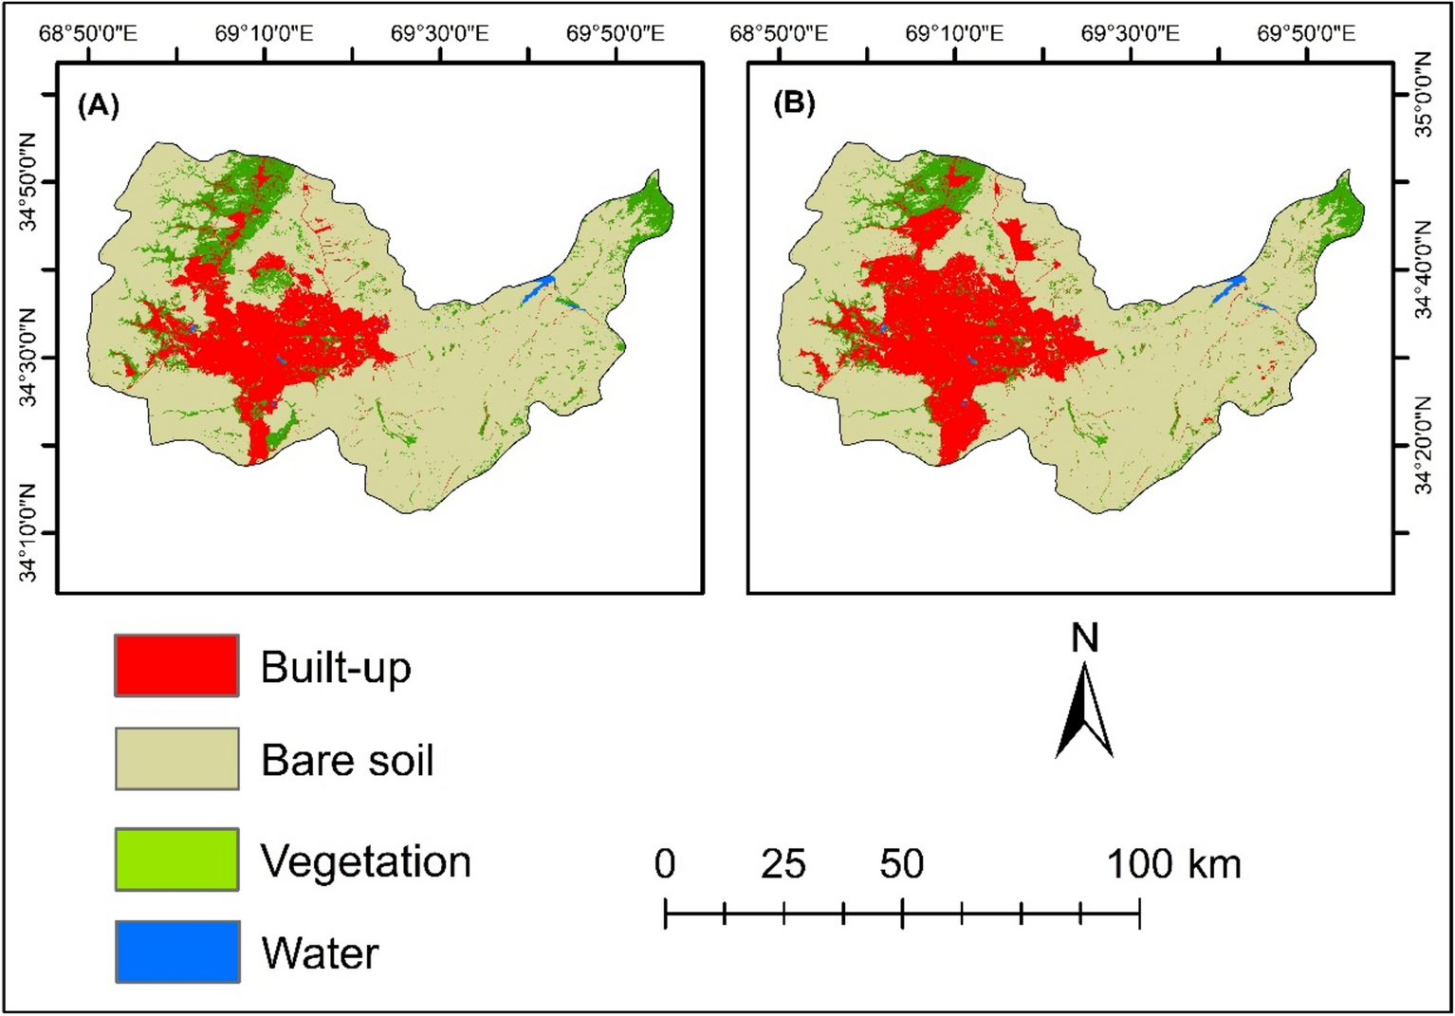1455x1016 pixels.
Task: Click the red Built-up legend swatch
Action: coord(176,665)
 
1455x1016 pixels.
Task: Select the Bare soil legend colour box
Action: coord(176,758)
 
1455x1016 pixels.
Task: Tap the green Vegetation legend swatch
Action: coord(176,859)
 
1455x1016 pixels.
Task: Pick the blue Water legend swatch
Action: coord(176,951)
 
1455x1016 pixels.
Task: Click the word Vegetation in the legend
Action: coord(365,861)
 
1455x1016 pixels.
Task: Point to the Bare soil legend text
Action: coord(347,760)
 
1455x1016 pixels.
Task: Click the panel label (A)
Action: coord(99,104)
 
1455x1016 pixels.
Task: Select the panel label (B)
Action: coord(794,102)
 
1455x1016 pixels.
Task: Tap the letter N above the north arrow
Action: coord(1084,638)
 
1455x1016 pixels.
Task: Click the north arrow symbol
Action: coord(1084,711)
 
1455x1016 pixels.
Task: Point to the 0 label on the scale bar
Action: coord(665,864)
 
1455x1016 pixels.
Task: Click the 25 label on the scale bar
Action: coord(783,864)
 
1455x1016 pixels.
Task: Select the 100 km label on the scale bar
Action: coord(1173,864)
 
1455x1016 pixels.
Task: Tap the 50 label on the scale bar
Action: coord(901,864)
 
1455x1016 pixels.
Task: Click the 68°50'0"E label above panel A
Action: coord(88,34)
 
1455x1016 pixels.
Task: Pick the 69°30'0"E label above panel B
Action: coord(1131,34)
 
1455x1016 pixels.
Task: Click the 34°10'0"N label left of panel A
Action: coord(28,533)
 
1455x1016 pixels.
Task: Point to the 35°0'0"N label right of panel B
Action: coord(1424,95)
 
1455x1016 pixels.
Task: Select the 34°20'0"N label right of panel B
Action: coord(1424,446)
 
